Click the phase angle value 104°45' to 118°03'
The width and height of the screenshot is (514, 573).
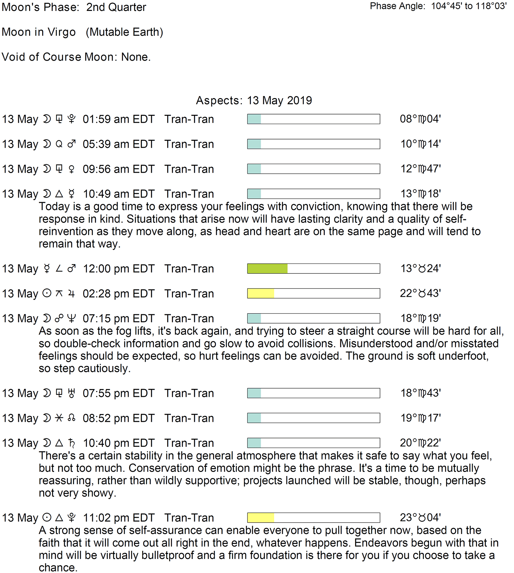pos(469,6)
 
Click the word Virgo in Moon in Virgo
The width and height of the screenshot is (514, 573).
pos(62,32)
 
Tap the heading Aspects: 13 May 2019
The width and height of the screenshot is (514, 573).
pos(254,100)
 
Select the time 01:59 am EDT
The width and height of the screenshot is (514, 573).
pos(119,119)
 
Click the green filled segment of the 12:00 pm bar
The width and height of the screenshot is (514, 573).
pos(267,269)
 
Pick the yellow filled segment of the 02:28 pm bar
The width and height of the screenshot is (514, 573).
pos(261,293)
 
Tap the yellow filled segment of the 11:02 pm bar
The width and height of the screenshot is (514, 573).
pos(261,517)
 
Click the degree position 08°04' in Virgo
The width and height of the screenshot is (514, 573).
pos(420,119)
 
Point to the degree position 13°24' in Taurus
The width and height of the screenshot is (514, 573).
pos(421,268)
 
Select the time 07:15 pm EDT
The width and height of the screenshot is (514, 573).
pos(119,318)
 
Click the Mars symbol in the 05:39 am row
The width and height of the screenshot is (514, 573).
pos(71,144)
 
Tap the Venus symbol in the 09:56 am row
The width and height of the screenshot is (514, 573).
pos(71,169)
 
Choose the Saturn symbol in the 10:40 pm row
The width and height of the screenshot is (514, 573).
pos(71,443)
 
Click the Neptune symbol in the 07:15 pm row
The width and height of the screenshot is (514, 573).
pos(71,318)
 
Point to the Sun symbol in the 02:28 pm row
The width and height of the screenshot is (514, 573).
pos(47,293)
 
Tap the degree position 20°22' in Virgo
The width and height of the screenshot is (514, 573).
pos(420,443)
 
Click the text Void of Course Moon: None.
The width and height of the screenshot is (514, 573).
pos(76,57)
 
